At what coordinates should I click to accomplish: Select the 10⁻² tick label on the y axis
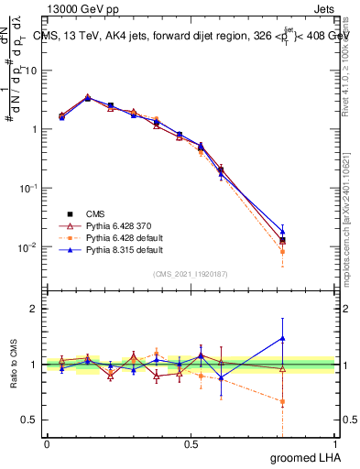[28, 247]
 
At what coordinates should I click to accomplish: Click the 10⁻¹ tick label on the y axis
[28, 188]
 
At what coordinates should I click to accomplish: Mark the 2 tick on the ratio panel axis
[35, 309]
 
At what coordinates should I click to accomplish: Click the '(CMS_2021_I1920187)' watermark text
[191, 273]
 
